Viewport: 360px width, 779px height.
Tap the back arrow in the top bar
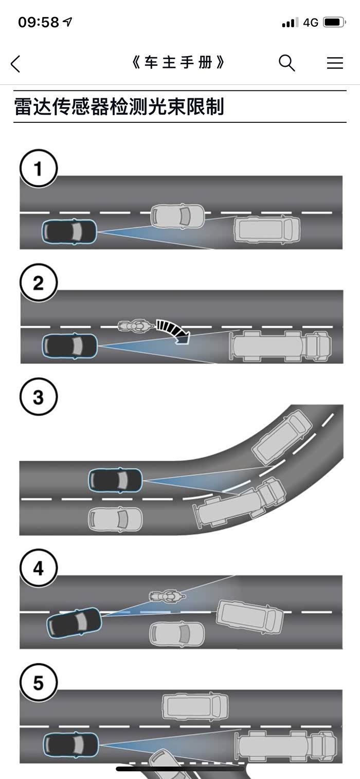[15, 64]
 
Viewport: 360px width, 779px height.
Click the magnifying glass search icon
[287, 63]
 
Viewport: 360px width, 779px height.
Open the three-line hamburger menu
[335, 63]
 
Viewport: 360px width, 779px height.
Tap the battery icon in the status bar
[334, 22]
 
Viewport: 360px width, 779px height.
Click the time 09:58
[39, 22]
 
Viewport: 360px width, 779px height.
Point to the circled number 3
[38, 397]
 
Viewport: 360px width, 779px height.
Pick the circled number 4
[38, 568]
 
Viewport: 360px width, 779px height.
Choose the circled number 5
[38, 683]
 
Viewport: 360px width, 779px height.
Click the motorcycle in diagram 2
[136, 326]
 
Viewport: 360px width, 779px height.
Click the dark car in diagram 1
[69, 231]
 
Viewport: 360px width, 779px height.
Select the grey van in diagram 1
[267, 229]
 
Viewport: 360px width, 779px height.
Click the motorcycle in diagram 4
[167, 596]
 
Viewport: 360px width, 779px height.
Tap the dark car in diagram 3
[116, 480]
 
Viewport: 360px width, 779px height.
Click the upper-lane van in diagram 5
[195, 706]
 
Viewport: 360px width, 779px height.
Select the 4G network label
[311, 23]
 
